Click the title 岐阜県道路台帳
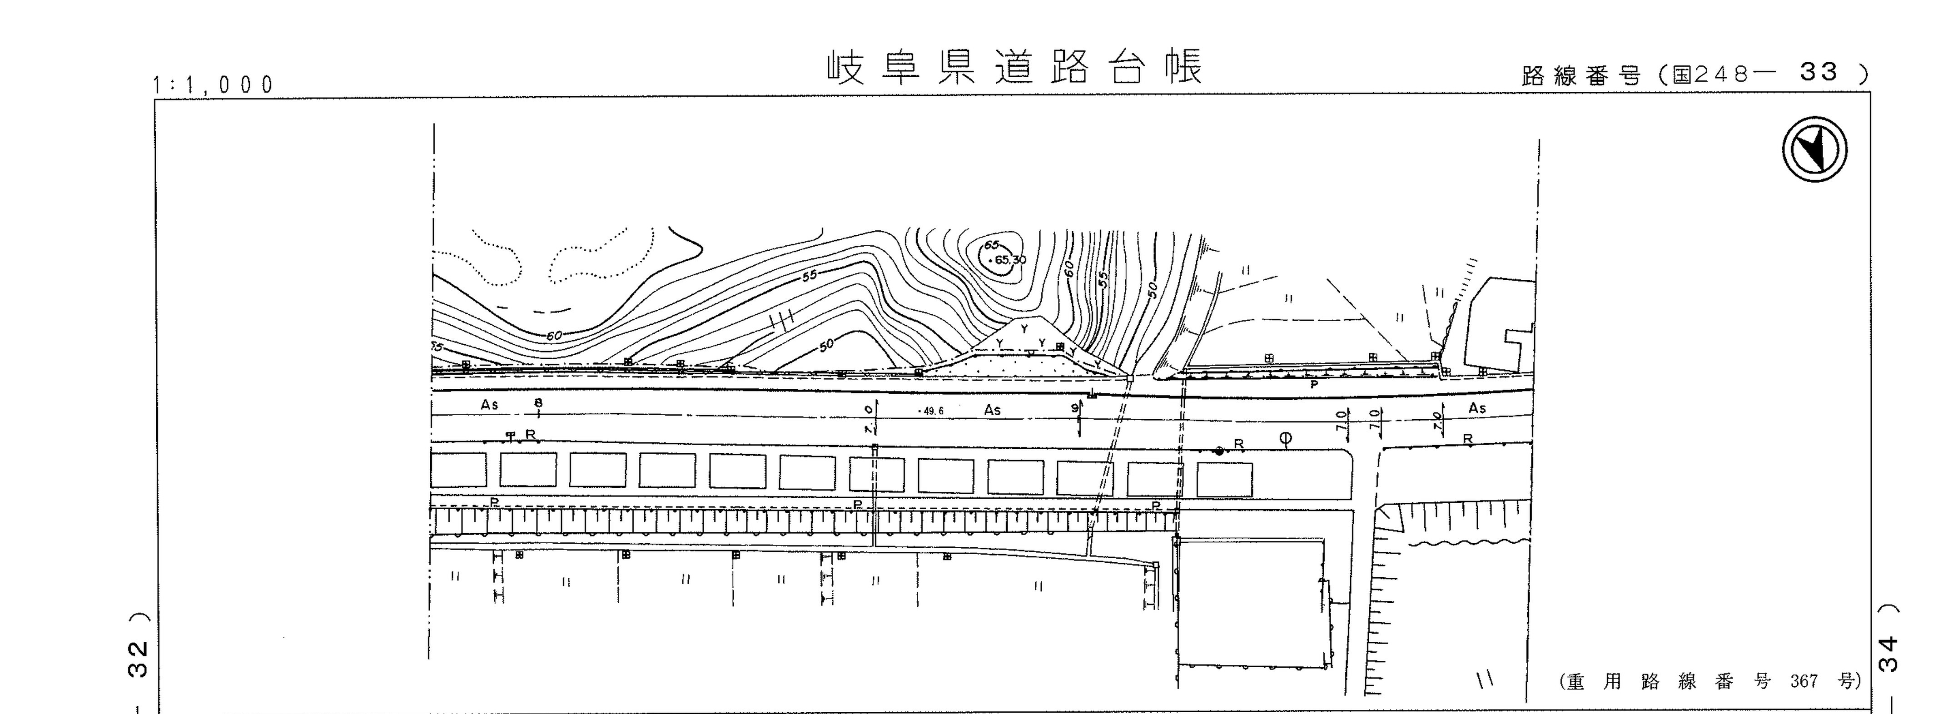(x=1014, y=68)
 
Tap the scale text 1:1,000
(x=214, y=85)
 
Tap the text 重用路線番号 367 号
(x=1709, y=681)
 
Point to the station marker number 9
(x=1075, y=408)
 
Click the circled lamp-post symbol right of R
(x=1285, y=438)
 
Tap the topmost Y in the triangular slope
(x=1024, y=329)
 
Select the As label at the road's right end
(x=1477, y=408)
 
